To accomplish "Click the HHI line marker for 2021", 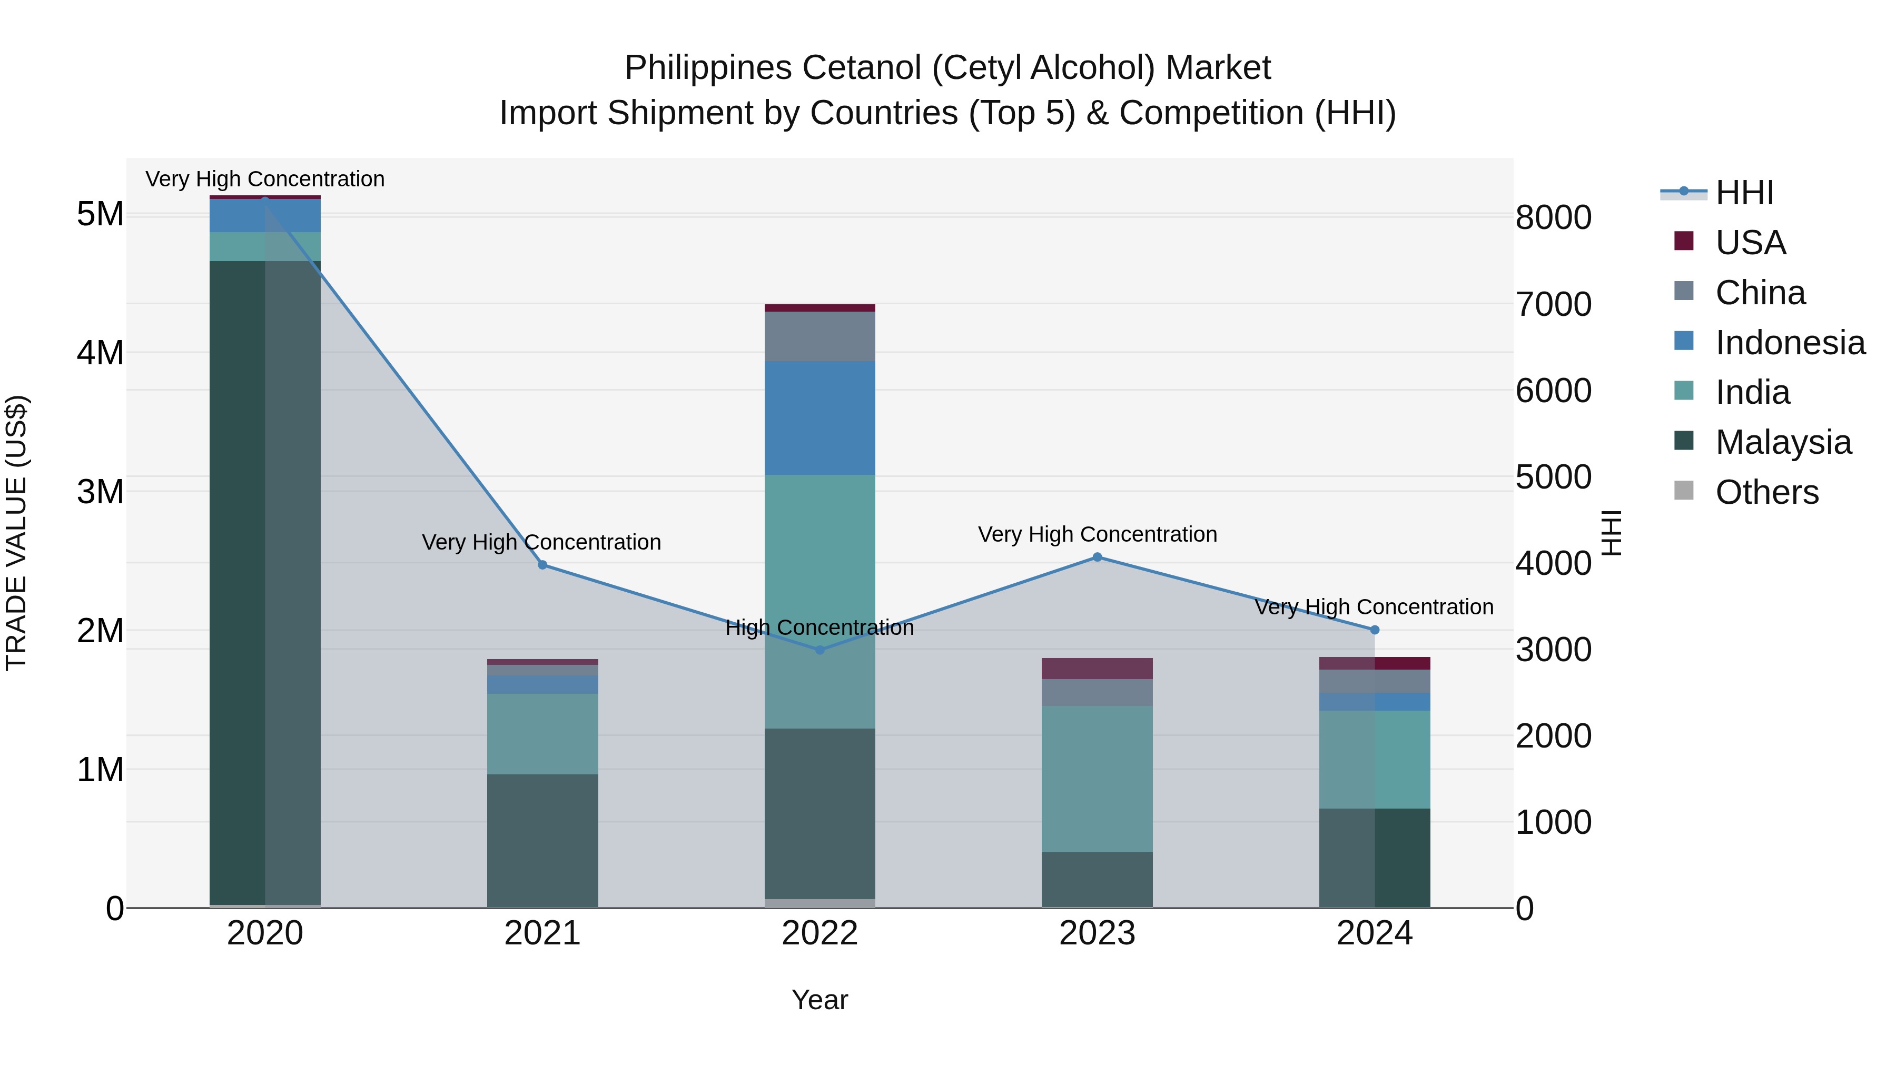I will tap(542, 565).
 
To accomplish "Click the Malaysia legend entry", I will tap(1783, 442).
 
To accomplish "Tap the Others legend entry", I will tap(1766, 492).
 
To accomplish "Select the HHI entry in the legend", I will tap(1744, 193).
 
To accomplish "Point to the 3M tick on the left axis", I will tap(101, 492).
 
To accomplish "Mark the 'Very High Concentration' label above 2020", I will tap(265, 179).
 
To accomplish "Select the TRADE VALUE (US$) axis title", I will tap(16, 533).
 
